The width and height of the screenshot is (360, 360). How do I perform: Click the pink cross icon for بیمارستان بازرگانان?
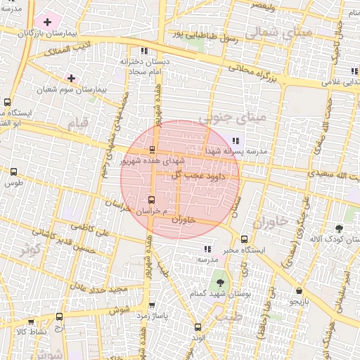coord(47,22)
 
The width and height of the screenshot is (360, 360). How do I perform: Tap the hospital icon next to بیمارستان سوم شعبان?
coord(71,77)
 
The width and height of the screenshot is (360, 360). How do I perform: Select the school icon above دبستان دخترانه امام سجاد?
coord(144,51)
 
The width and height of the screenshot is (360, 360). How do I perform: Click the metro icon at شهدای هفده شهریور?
coord(152,149)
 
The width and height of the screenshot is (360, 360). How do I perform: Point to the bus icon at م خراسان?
coord(152,200)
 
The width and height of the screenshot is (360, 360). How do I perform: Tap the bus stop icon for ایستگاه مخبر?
coord(244,239)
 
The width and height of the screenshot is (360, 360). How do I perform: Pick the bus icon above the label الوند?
coord(198,327)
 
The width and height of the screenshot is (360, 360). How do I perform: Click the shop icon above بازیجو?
coord(300,290)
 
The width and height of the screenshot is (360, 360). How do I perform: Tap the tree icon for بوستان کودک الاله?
coord(340,229)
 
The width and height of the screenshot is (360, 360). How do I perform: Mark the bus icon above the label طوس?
coord(14,171)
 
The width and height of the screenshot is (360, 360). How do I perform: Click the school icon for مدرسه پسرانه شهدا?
coord(235,140)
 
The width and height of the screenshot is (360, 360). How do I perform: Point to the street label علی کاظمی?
coord(86,230)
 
